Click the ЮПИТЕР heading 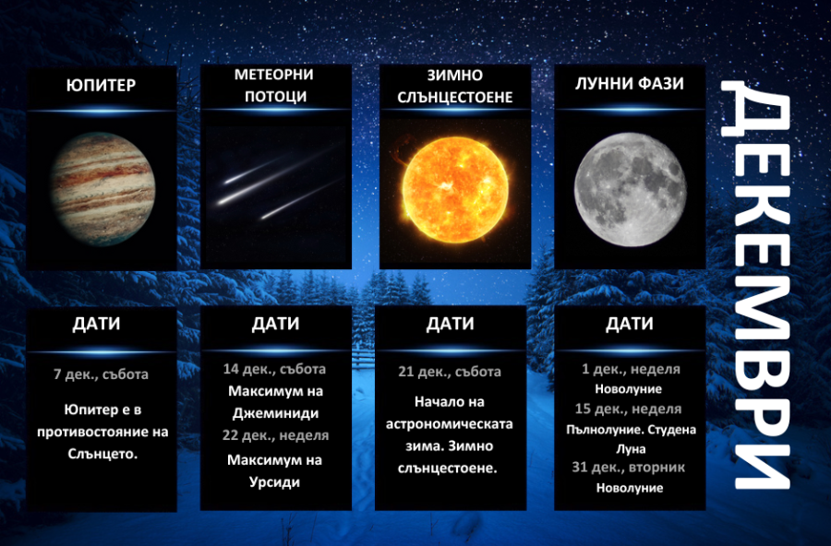[x=102, y=86]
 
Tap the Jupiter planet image [x=102, y=184]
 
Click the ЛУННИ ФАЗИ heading [x=629, y=83]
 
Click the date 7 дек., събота [x=101, y=374]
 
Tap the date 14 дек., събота [x=274, y=368]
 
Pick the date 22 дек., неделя [x=275, y=434]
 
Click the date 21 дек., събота [x=451, y=372]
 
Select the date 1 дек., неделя [x=631, y=369]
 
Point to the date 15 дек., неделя [x=631, y=409]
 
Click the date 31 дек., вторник [x=629, y=468]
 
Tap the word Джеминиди [x=274, y=413]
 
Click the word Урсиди [x=274, y=481]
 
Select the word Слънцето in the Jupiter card [x=101, y=454]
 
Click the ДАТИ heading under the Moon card [x=629, y=324]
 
